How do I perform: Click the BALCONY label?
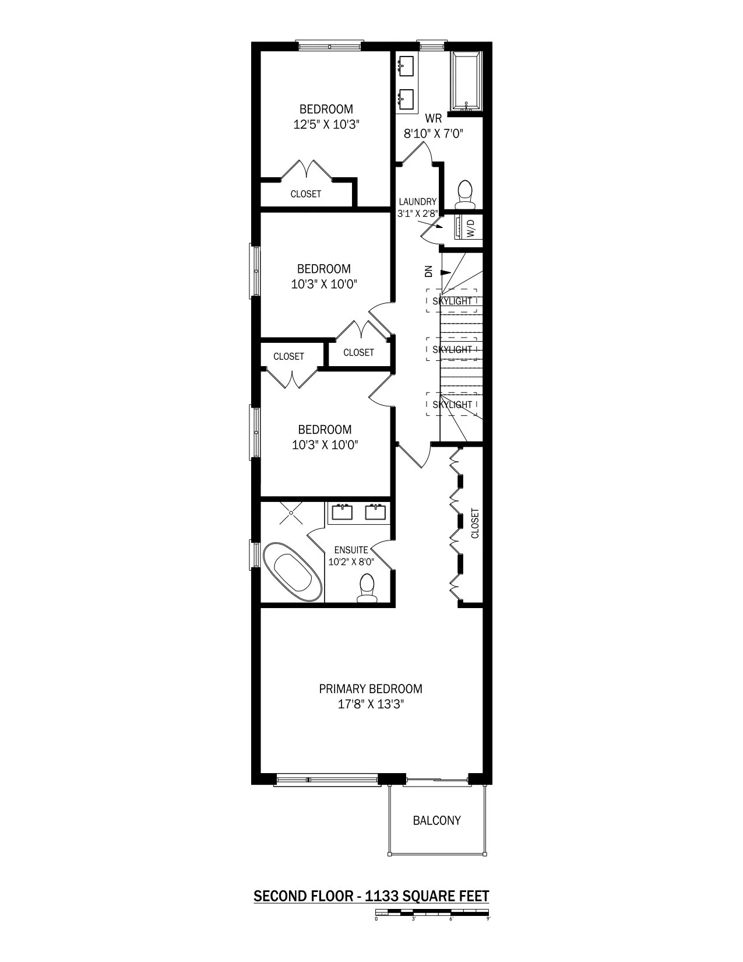(436, 820)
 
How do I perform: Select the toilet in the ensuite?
(367, 588)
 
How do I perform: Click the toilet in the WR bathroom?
(464, 194)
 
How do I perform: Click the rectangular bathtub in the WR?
(466, 82)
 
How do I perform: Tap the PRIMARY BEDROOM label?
(371, 689)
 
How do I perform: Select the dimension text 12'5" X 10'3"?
(326, 124)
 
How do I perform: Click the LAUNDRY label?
(417, 202)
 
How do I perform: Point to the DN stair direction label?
(428, 272)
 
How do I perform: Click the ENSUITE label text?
(351, 550)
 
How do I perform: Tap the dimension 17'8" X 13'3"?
(371, 704)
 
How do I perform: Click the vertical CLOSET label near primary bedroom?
(475, 524)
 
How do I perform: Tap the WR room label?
(433, 118)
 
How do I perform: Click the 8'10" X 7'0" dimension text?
(433, 134)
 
